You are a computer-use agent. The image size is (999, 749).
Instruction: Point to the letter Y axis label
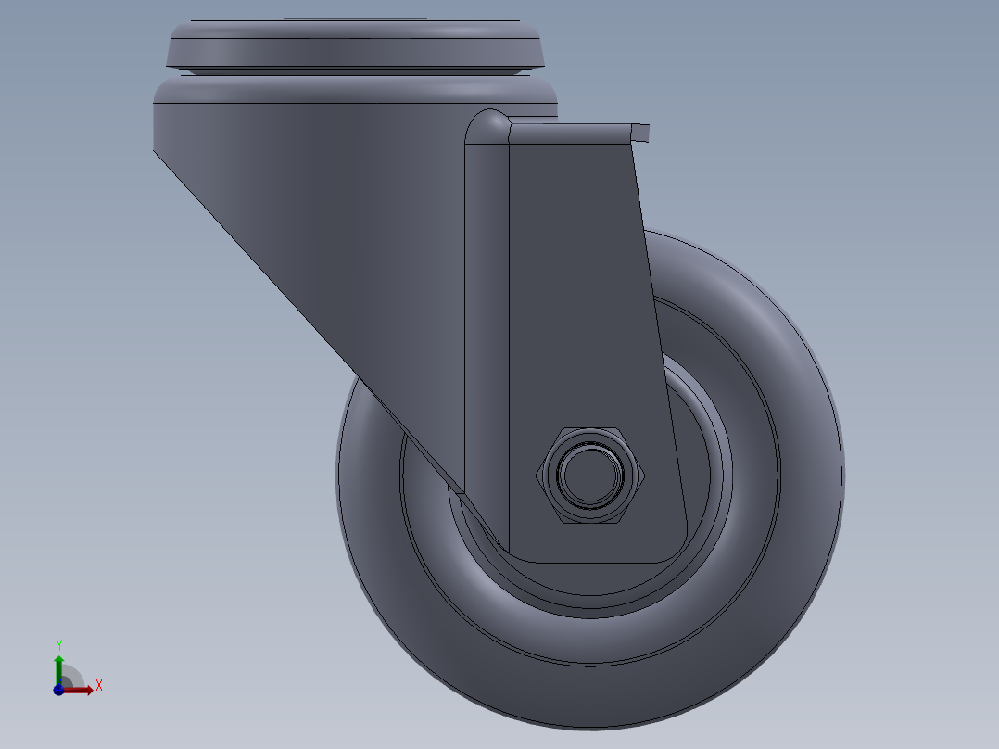[x=58, y=643]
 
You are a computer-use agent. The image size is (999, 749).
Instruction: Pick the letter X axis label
[x=99, y=686]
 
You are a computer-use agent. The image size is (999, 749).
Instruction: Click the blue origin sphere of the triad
[x=58, y=690]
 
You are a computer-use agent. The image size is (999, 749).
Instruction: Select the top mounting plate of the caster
[x=354, y=41]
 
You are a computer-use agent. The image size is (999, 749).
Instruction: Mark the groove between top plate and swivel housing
[x=354, y=71]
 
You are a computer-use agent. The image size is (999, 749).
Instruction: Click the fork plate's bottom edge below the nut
[x=593, y=562]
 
